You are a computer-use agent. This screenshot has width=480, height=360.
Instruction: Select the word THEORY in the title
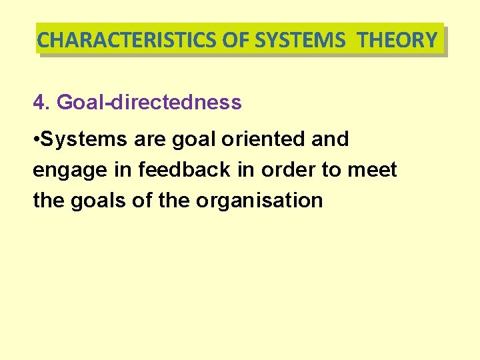pyautogui.click(x=397, y=41)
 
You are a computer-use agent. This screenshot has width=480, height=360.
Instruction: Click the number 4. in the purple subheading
pyautogui.click(x=41, y=103)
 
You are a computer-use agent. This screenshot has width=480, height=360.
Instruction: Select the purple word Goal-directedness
pyautogui.click(x=149, y=103)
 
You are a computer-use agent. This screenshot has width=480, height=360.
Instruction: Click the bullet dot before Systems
pyautogui.click(x=36, y=140)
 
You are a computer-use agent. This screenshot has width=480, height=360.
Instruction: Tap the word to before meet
pyautogui.click(x=331, y=170)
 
